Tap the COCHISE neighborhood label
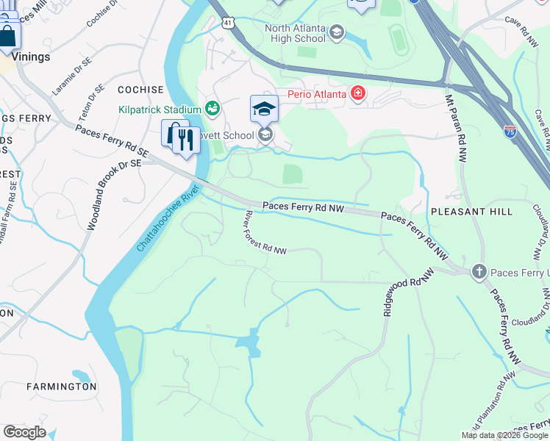click(x=140, y=90)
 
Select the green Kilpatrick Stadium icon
click(x=213, y=110)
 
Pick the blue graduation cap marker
click(x=264, y=110)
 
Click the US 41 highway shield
click(x=230, y=24)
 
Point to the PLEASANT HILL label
click(x=471, y=212)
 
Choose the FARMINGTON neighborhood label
click(x=61, y=386)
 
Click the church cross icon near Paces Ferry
click(x=479, y=272)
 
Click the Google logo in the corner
click(x=24, y=432)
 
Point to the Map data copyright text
click(x=504, y=435)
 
